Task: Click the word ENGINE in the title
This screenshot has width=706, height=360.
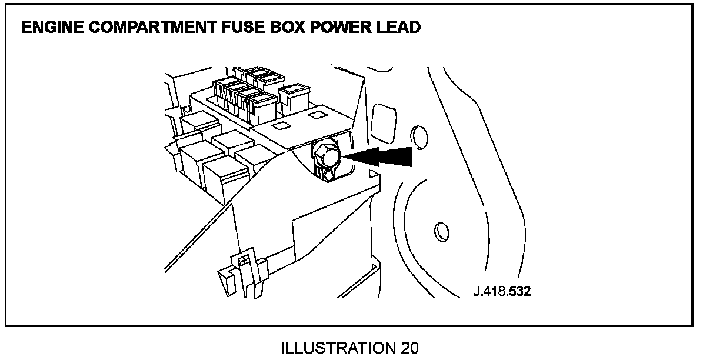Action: pos(48,28)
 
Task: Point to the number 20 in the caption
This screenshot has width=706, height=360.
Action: pos(407,348)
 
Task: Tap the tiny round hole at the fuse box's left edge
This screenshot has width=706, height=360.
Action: pos(187,109)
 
